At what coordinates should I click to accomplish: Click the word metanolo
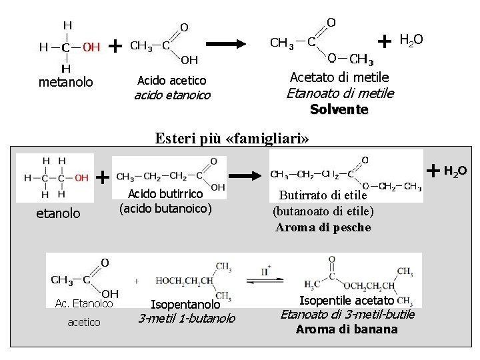(x=66, y=83)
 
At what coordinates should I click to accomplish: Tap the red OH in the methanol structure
(x=91, y=47)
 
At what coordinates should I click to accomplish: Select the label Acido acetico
(x=171, y=80)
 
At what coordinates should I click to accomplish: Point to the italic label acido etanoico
(x=172, y=95)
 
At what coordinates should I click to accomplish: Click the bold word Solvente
(x=339, y=109)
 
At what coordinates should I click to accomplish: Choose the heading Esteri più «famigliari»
(x=233, y=139)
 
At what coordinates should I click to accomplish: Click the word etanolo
(x=57, y=213)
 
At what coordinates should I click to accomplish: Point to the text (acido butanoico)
(x=165, y=208)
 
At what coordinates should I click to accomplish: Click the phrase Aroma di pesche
(x=323, y=227)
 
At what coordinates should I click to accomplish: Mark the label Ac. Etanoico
(x=84, y=304)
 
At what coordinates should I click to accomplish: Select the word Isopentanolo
(x=186, y=304)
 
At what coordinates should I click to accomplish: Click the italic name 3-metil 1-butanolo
(x=186, y=319)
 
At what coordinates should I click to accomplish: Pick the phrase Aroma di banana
(x=347, y=329)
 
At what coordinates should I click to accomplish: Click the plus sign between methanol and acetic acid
(x=115, y=45)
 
